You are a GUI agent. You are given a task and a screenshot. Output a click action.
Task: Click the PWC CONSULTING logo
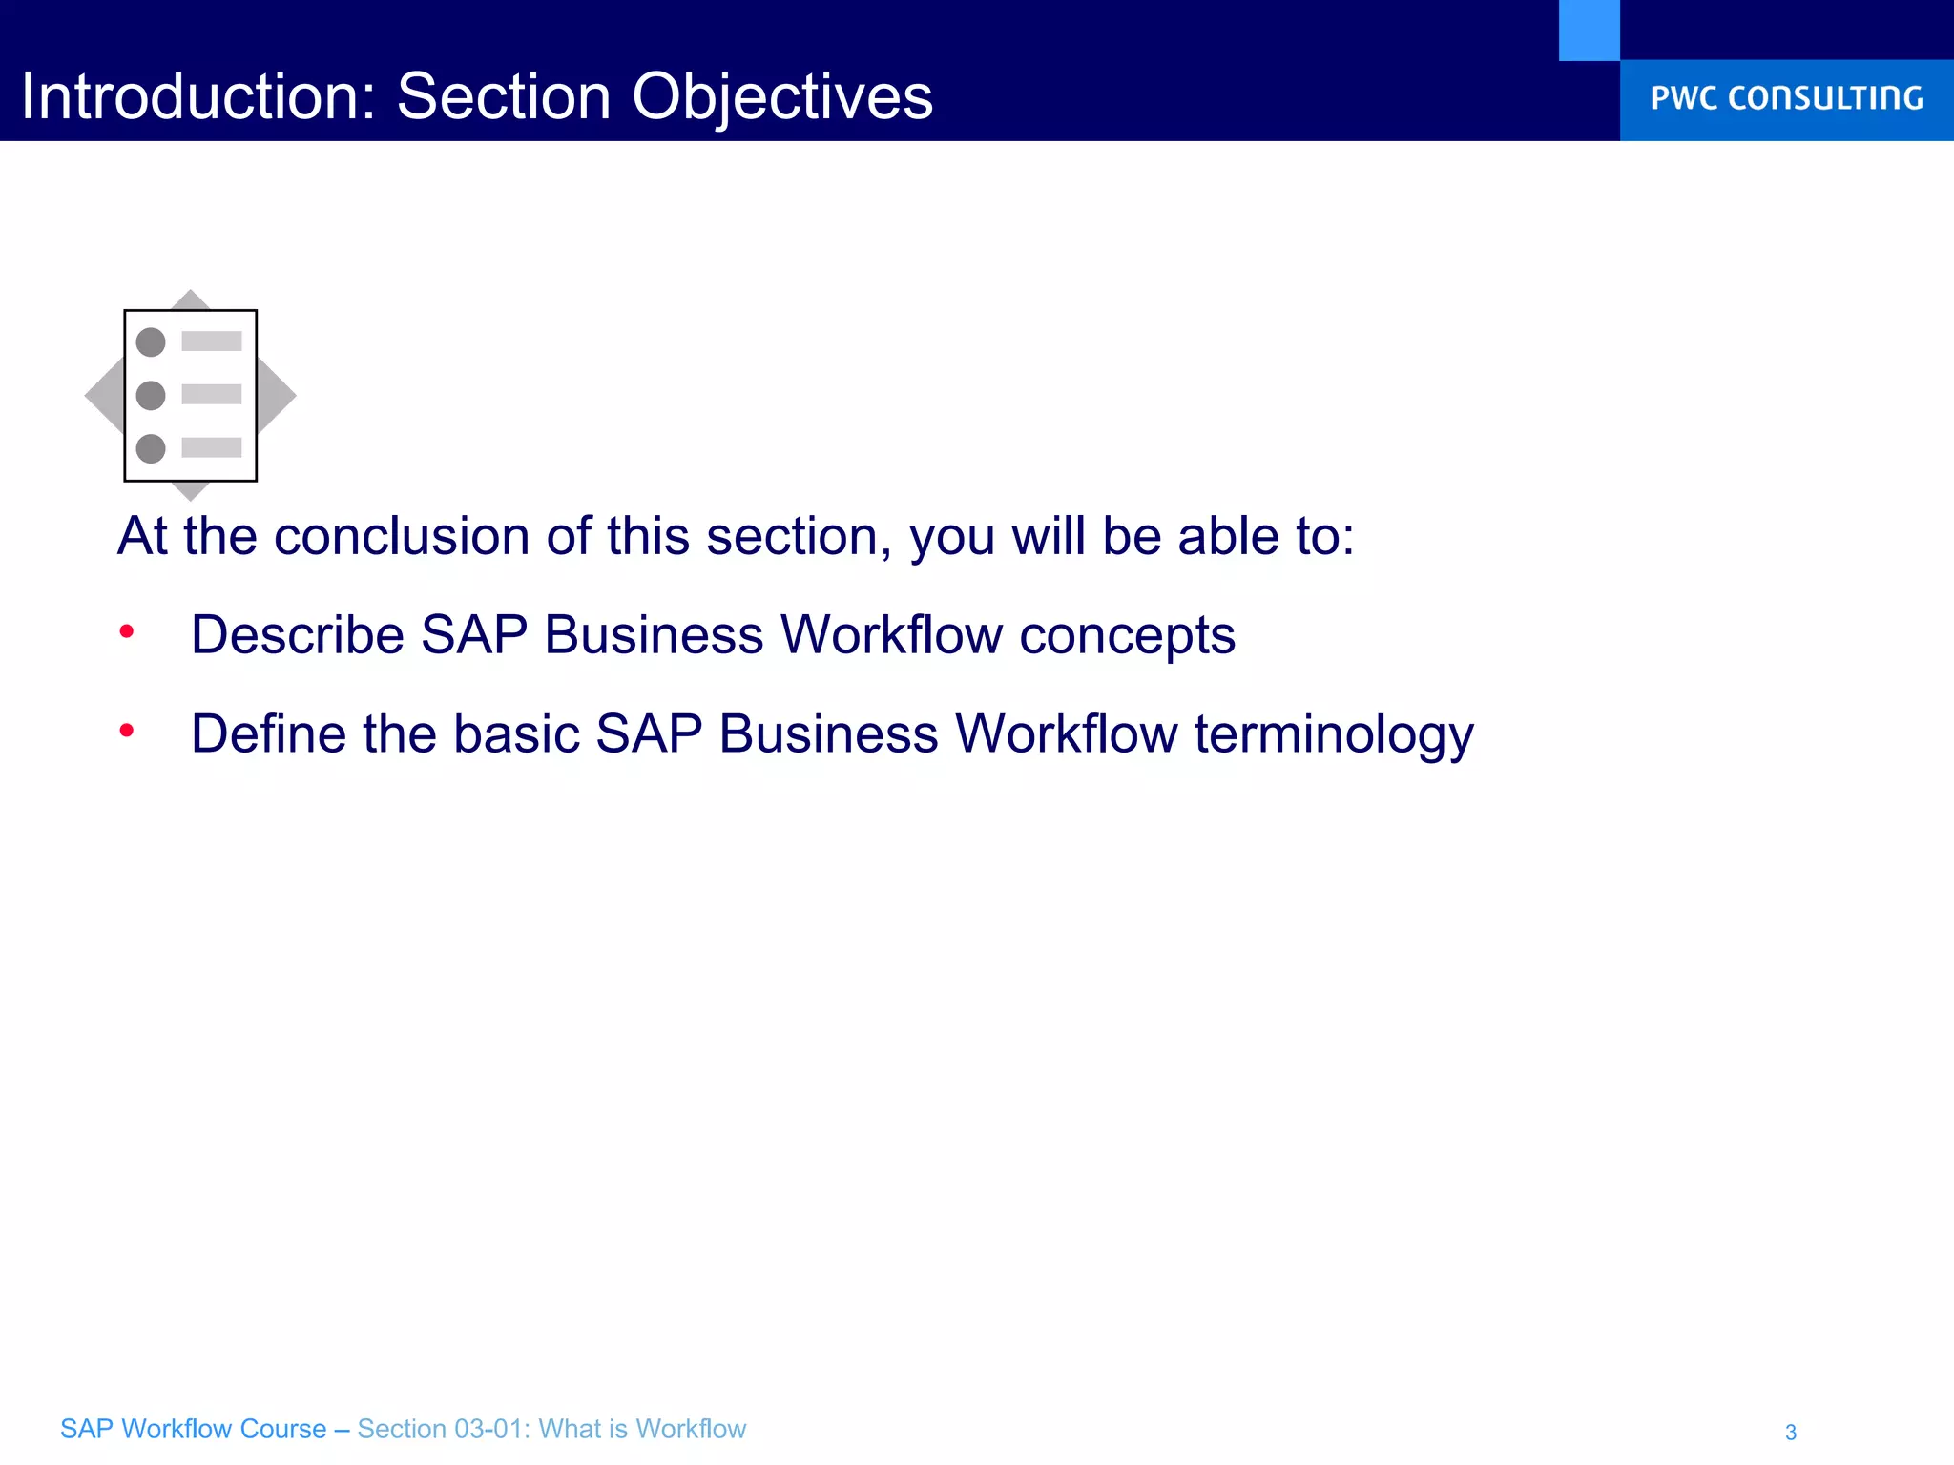coord(1786,98)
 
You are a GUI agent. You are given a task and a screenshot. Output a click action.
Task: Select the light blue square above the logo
coord(1589,30)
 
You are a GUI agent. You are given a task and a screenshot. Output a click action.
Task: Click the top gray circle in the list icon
coord(151,341)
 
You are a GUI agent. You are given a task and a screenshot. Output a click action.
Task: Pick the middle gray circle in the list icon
coord(151,395)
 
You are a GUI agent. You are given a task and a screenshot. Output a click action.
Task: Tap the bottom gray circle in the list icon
coord(151,448)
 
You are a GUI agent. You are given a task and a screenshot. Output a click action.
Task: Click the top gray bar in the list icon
coord(212,340)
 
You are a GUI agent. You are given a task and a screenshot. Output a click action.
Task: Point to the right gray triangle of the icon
coord(277,395)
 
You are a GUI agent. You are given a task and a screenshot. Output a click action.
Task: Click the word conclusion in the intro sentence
coord(401,536)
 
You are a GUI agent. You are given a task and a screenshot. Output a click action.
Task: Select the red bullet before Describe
coord(127,631)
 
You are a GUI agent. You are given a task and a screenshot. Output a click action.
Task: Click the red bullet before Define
coord(127,731)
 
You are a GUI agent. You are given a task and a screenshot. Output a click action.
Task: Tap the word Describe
coord(297,635)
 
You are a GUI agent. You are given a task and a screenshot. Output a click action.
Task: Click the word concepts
coord(1127,635)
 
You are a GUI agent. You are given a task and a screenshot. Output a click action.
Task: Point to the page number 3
coord(1791,1432)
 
